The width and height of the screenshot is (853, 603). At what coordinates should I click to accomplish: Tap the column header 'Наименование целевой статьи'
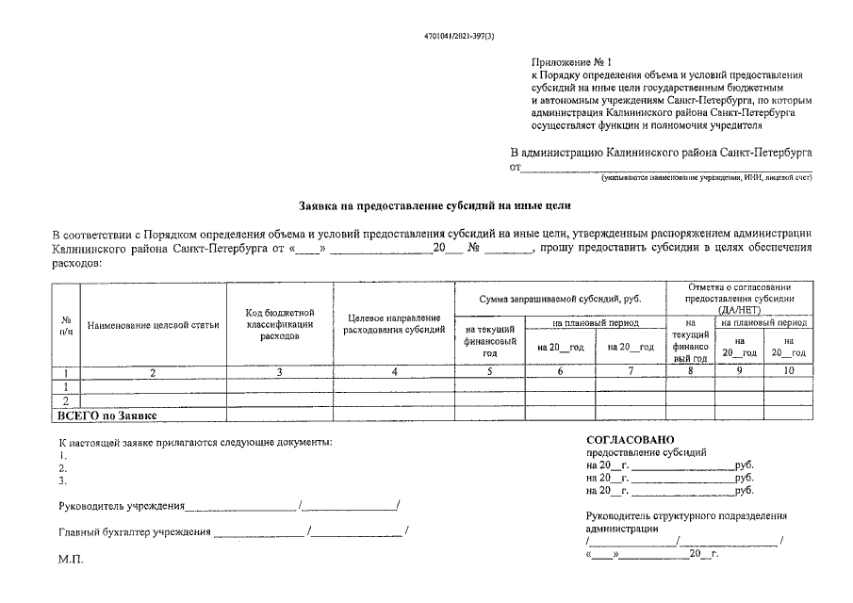pyautogui.click(x=153, y=326)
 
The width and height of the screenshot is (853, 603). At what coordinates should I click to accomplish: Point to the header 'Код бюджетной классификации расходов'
pyautogui.click(x=279, y=324)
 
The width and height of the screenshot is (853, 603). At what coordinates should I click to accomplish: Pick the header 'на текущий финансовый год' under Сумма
pyautogui.click(x=489, y=341)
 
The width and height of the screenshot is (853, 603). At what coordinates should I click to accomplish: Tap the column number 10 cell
pyautogui.click(x=788, y=371)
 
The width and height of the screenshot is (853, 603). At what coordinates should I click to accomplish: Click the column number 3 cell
pyautogui.click(x=279, y=371)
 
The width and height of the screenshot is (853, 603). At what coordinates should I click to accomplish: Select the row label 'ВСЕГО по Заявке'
pyautogui.click(x=107, y=415)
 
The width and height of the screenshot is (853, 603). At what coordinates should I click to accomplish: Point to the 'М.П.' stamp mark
pyautogui.click(x=71, y=560)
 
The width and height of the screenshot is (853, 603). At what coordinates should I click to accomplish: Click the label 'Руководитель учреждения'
pyautogui.click(x=121, y=506)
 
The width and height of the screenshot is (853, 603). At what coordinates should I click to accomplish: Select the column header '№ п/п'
pyautogui.click(x=66, y=325)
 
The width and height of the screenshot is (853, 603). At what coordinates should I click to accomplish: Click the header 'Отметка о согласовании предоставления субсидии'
pyautogui.click(x=739, y=297)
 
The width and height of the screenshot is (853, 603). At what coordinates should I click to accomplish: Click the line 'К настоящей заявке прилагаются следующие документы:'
pyautogui.click(x=195, y=442)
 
